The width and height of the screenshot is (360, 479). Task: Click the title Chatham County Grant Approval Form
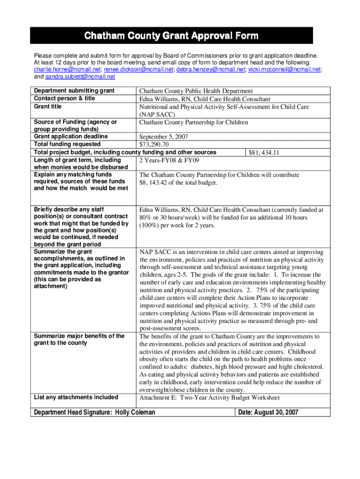click(x=171, y=36)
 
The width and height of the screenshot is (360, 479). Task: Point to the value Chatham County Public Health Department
click(x=196, y=91)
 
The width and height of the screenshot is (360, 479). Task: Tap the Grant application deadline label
click(x=71, y=137)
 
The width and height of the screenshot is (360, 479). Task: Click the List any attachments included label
click(x=76, y=398)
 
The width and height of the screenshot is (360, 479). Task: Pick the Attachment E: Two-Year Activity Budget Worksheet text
click(x=209, y=398)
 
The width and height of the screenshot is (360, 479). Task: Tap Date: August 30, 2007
click(x=268, y=412)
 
